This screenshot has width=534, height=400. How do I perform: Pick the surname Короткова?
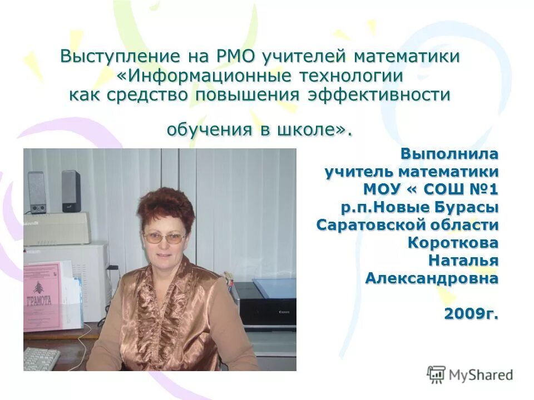pos(453,243)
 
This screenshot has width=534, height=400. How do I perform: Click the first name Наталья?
pos(463,261)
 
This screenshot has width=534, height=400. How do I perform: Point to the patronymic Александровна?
pos(432,278)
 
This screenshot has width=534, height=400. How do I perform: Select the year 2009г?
pos(471,314)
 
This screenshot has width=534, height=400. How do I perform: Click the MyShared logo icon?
pos(436,375)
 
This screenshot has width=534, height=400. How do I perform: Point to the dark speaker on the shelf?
pos(71,191)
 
